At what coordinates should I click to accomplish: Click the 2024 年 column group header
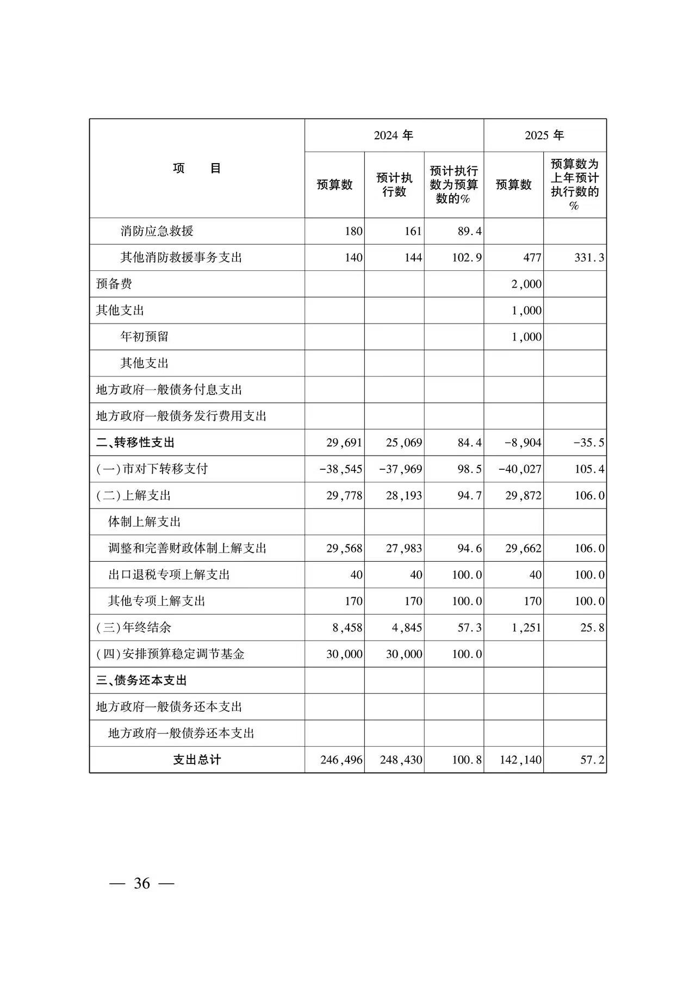tap(394, 135)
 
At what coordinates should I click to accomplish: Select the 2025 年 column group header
tap(544, 135)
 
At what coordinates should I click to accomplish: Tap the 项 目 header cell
tap(197, 169)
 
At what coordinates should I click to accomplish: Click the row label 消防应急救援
tap(157, 231)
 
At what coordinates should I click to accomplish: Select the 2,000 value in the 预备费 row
tap(526, 284)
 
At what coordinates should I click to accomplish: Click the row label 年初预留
tap(144, 337)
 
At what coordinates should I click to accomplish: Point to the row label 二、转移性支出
tap(135, 443)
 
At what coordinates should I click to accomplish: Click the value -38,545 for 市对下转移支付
tap(340, 469)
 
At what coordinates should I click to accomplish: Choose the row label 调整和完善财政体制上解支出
tap(187, 548)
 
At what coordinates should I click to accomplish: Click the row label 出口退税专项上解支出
tap(169, 575)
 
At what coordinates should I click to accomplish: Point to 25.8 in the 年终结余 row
tap(592, 628)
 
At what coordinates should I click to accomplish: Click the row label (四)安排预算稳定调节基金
tap(170, 654)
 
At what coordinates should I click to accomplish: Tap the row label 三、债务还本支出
tap(141, 680)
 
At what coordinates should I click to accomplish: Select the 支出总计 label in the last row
tap(197, 760)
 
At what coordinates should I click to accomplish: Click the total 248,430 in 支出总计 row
tap(401, 760)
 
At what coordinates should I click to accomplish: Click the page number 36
tap(142, 884)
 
